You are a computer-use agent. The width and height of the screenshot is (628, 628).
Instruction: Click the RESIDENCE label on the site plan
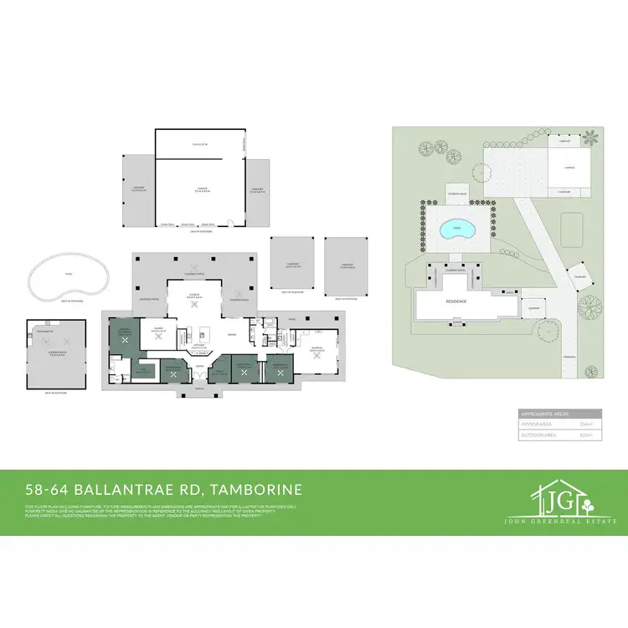(x=456, y=300)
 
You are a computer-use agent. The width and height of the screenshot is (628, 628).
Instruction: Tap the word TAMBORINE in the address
(x=259, y=489)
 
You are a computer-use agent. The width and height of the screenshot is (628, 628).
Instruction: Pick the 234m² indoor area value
(x=586, y=425)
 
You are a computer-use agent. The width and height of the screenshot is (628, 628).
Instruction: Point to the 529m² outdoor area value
(x=586, y=435)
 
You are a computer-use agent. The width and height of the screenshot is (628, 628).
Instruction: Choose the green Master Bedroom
(x=124, y=332)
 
